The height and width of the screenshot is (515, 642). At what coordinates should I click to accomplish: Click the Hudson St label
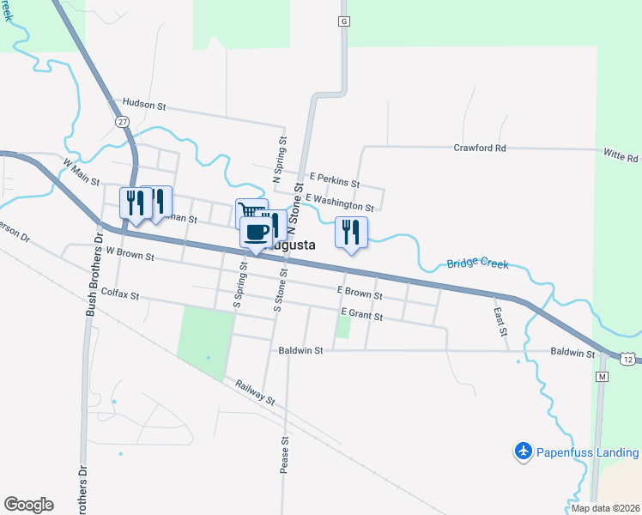pos(143,104)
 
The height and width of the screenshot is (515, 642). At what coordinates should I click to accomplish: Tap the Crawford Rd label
pos(480,148)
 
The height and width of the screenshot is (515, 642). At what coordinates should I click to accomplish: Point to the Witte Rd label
pos(621,157)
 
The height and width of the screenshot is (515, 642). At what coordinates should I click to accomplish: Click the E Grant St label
pos(361,313)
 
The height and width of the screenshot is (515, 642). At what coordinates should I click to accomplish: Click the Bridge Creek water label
pos(476,264)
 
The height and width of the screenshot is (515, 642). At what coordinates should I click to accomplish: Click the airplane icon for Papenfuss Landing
pos(524,451)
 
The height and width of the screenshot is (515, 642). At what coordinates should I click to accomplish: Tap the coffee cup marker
pos(257,232)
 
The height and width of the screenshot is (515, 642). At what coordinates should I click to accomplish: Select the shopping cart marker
pos(247,212)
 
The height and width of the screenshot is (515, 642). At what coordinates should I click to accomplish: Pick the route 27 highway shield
pos(122,122)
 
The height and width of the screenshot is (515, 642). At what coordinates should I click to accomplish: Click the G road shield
pos(343,21)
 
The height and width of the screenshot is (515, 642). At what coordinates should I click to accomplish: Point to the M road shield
pos(602,377)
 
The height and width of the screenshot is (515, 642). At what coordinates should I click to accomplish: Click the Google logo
pos(28,505)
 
